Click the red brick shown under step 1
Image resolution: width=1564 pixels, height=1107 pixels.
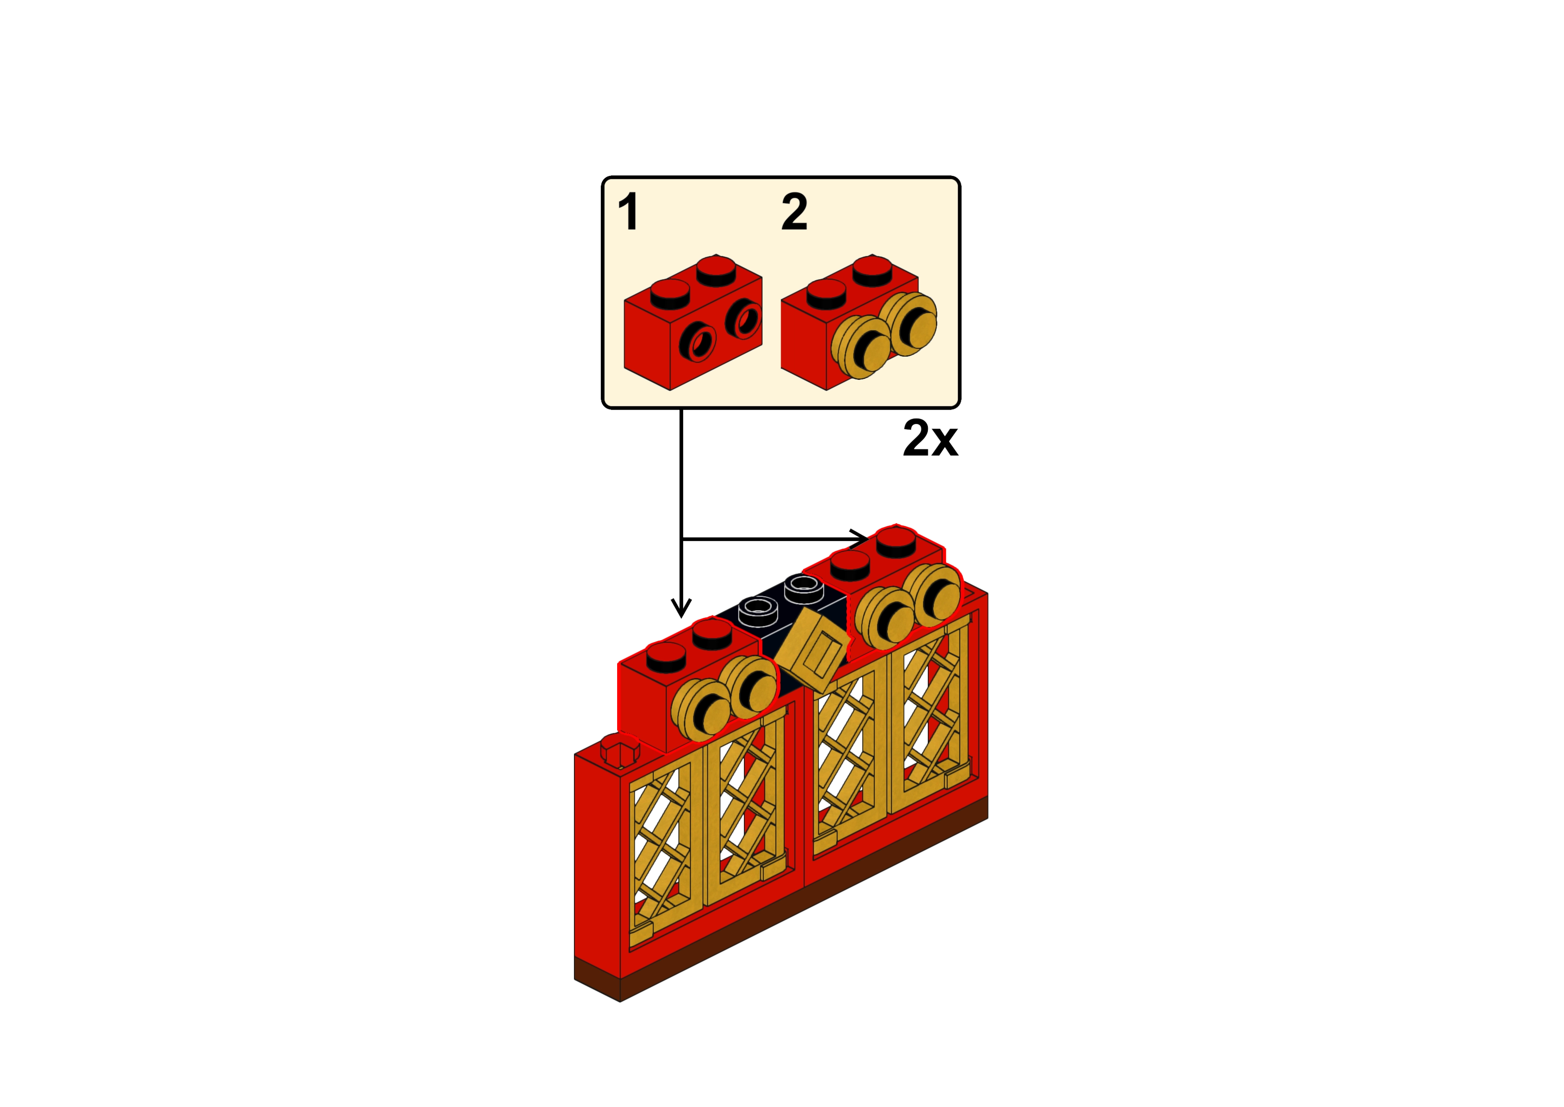654,341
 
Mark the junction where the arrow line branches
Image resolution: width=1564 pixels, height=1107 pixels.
682,539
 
